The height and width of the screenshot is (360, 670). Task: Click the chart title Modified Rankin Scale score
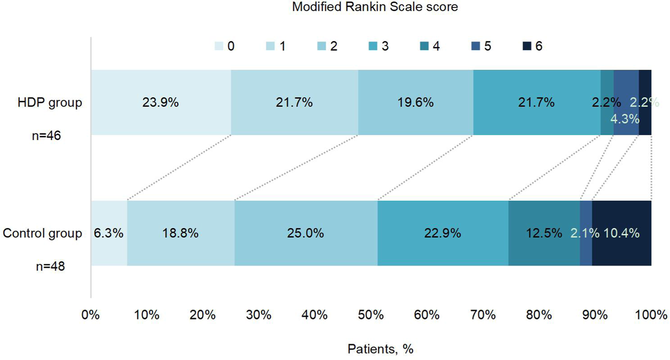375,7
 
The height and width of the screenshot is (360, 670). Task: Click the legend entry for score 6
532,46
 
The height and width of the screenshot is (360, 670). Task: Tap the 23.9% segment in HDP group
161,102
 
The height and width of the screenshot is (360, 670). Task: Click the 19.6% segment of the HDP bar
415,102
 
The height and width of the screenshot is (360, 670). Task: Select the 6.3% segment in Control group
109,233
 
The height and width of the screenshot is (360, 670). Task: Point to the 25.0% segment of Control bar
306,233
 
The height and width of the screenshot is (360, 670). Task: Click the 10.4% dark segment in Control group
621,233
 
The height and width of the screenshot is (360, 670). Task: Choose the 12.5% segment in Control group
544,233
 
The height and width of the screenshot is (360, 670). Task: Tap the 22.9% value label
443,233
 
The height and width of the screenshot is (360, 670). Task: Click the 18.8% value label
180,233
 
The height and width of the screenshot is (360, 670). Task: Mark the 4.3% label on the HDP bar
625,120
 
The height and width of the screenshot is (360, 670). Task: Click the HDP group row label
50,102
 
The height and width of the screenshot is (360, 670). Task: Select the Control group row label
42,233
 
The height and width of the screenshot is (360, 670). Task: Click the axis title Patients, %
380,349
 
